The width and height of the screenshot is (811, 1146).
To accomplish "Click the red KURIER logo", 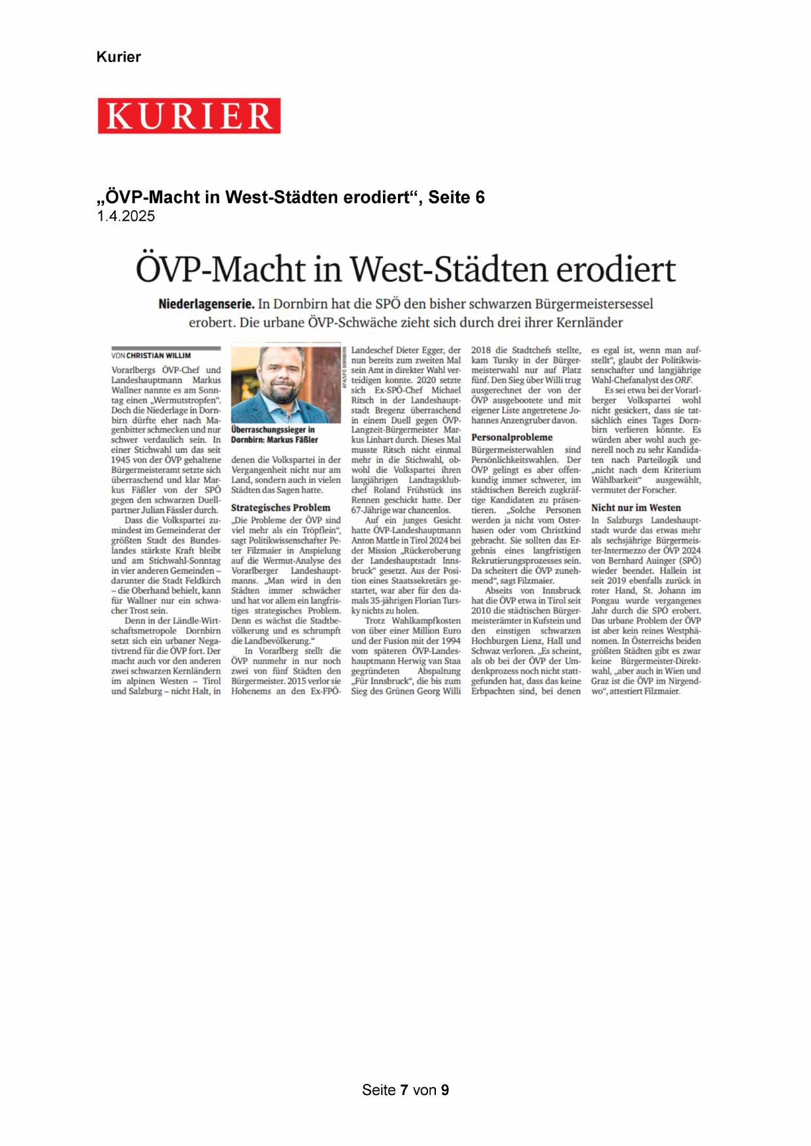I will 189,116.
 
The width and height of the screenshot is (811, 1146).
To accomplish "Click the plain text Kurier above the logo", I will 118,57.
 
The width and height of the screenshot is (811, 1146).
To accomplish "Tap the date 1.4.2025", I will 125,216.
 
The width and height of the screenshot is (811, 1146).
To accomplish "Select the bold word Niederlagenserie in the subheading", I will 206,304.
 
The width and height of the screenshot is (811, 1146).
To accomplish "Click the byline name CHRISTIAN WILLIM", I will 158,355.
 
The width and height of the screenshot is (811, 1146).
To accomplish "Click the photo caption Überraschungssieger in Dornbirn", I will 274,434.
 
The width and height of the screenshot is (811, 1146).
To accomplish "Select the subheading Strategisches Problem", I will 280,508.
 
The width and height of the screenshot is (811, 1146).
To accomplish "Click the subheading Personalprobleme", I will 512,438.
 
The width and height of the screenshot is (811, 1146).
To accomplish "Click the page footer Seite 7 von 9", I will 405,1090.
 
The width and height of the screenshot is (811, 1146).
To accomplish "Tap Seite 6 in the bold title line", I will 456,197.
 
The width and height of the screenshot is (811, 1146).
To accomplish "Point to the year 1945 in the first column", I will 121,460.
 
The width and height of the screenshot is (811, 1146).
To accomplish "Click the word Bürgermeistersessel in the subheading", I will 593,304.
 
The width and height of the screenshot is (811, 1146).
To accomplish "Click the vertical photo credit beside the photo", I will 344,369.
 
